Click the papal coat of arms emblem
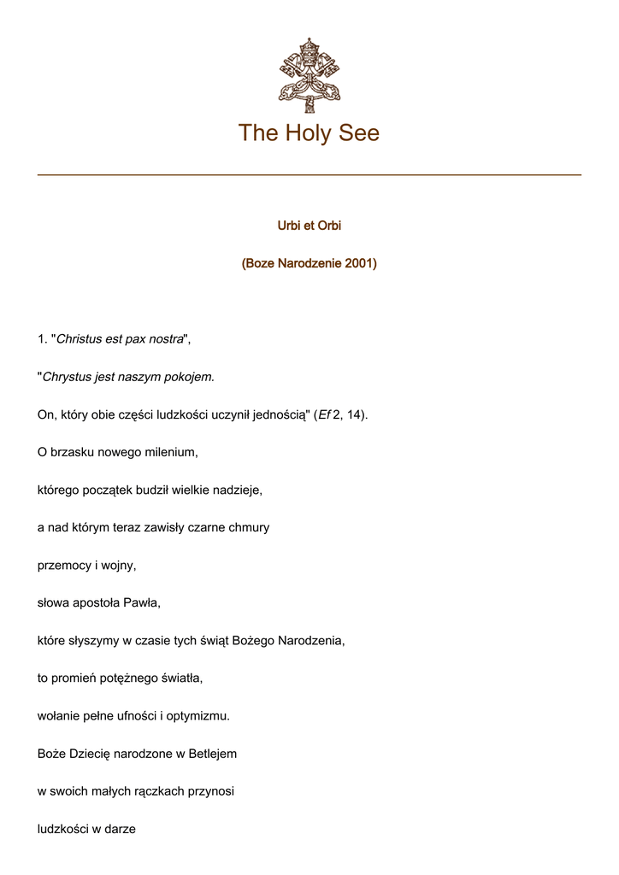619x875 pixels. [x=309, y=74]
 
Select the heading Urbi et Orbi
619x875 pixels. [x=309, y=226]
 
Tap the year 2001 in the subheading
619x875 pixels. [x=359, y=263]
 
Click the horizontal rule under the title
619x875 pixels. [x=309, y=175]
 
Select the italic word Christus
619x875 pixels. [x=79, y=339]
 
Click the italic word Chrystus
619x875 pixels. [x=72, y=377]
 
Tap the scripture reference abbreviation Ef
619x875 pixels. [x=324, y=414]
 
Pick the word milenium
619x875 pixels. [x=173, y=452]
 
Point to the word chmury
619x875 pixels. [x=249, y=527]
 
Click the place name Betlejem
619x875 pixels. [x=209, y=753]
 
